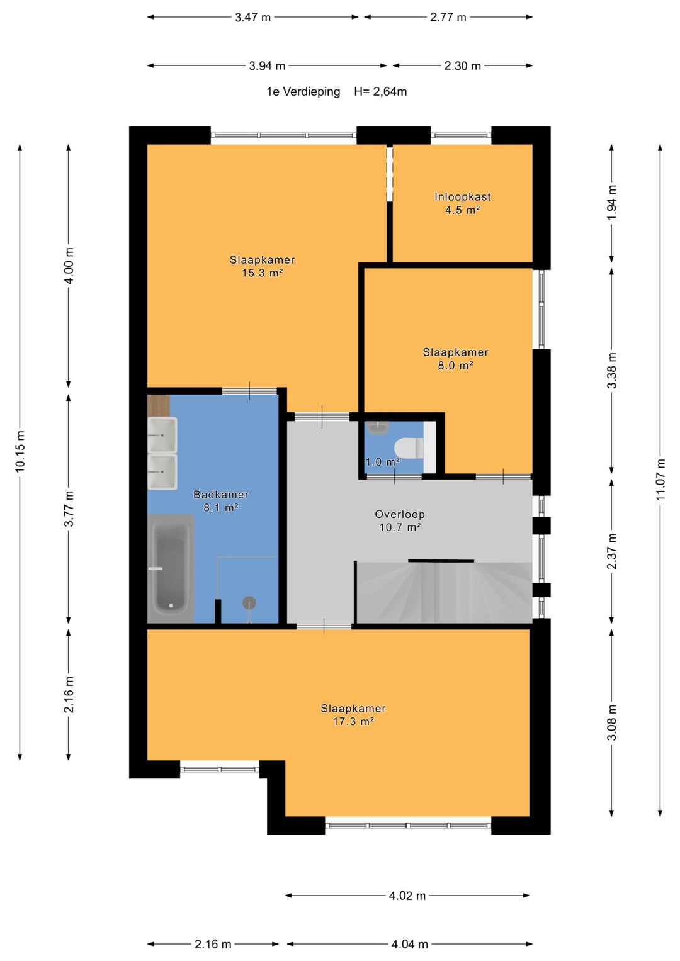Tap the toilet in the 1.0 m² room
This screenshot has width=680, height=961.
(409, 447)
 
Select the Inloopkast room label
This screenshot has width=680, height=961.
(462, 197)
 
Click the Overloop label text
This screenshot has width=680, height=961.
(400, 514)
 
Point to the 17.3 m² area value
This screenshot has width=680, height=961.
(353, 721)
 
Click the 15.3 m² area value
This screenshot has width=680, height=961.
(262, 273)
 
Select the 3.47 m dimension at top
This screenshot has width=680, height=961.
(253, 18)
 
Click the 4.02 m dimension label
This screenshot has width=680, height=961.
(407, 896)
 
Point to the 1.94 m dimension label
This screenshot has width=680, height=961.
(612, 203)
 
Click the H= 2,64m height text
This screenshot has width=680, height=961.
(380, 91)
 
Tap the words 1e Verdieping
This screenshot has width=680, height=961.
(303, 91)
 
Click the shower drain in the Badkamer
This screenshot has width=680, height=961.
(249, 603)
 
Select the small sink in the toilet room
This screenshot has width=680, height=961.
(378, 427)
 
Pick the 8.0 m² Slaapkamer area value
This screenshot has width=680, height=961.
(455, 366)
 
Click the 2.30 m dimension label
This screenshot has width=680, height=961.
(462, 66)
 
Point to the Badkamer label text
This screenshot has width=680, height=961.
(220, 494)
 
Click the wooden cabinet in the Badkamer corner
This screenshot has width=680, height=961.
(159, 405)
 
